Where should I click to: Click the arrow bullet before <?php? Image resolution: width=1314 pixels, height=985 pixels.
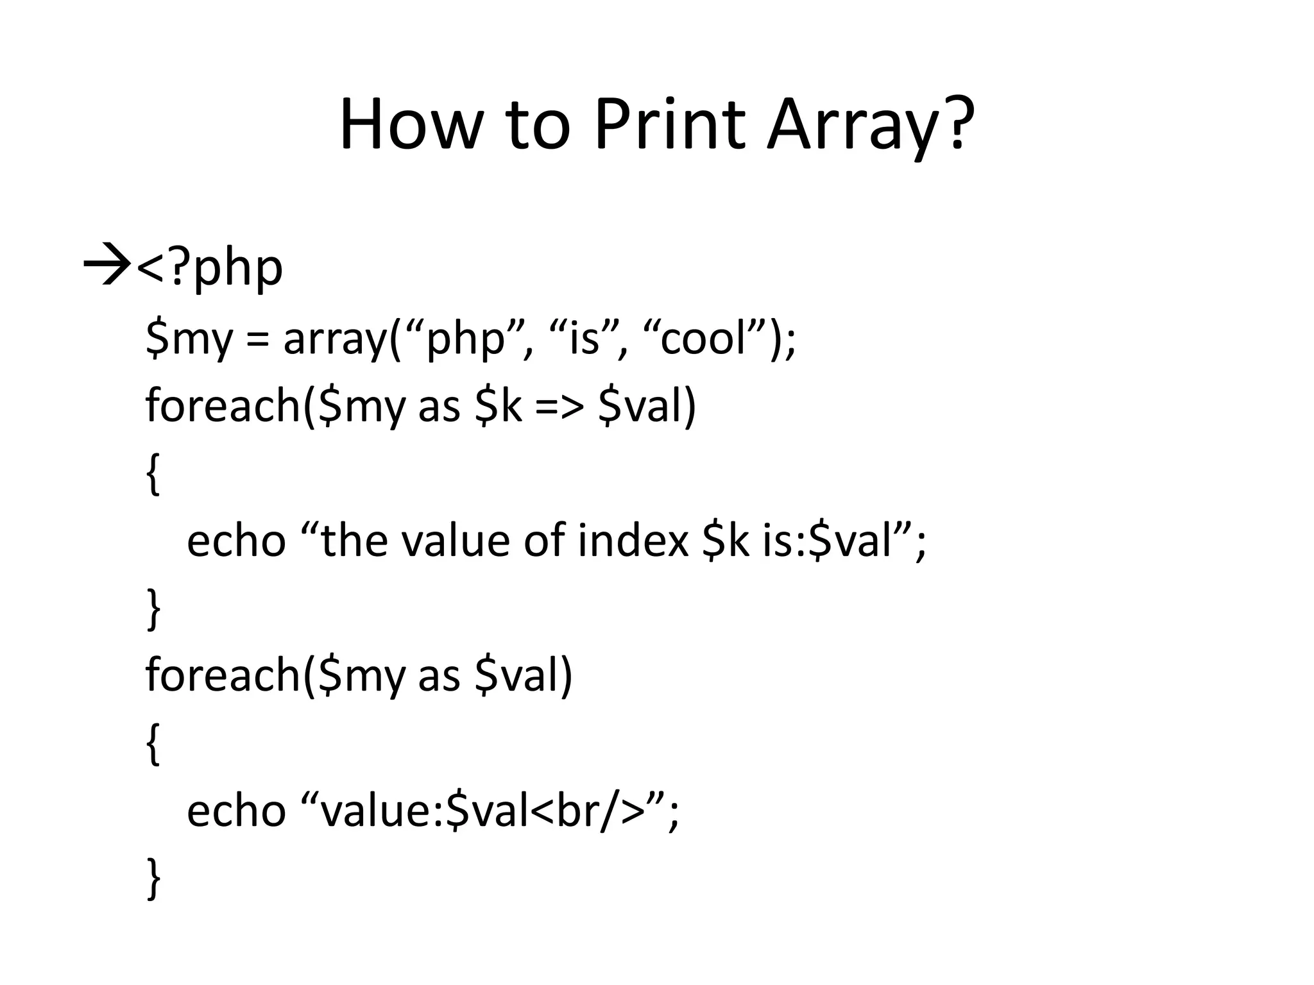(107, 266)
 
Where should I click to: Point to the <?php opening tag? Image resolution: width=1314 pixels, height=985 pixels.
(210, 268)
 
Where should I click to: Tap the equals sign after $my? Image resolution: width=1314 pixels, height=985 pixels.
(257, 340)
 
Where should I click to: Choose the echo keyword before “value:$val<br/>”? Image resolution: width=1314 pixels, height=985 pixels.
(235, 811)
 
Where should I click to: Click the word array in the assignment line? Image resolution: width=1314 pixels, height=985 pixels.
(336, 340)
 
